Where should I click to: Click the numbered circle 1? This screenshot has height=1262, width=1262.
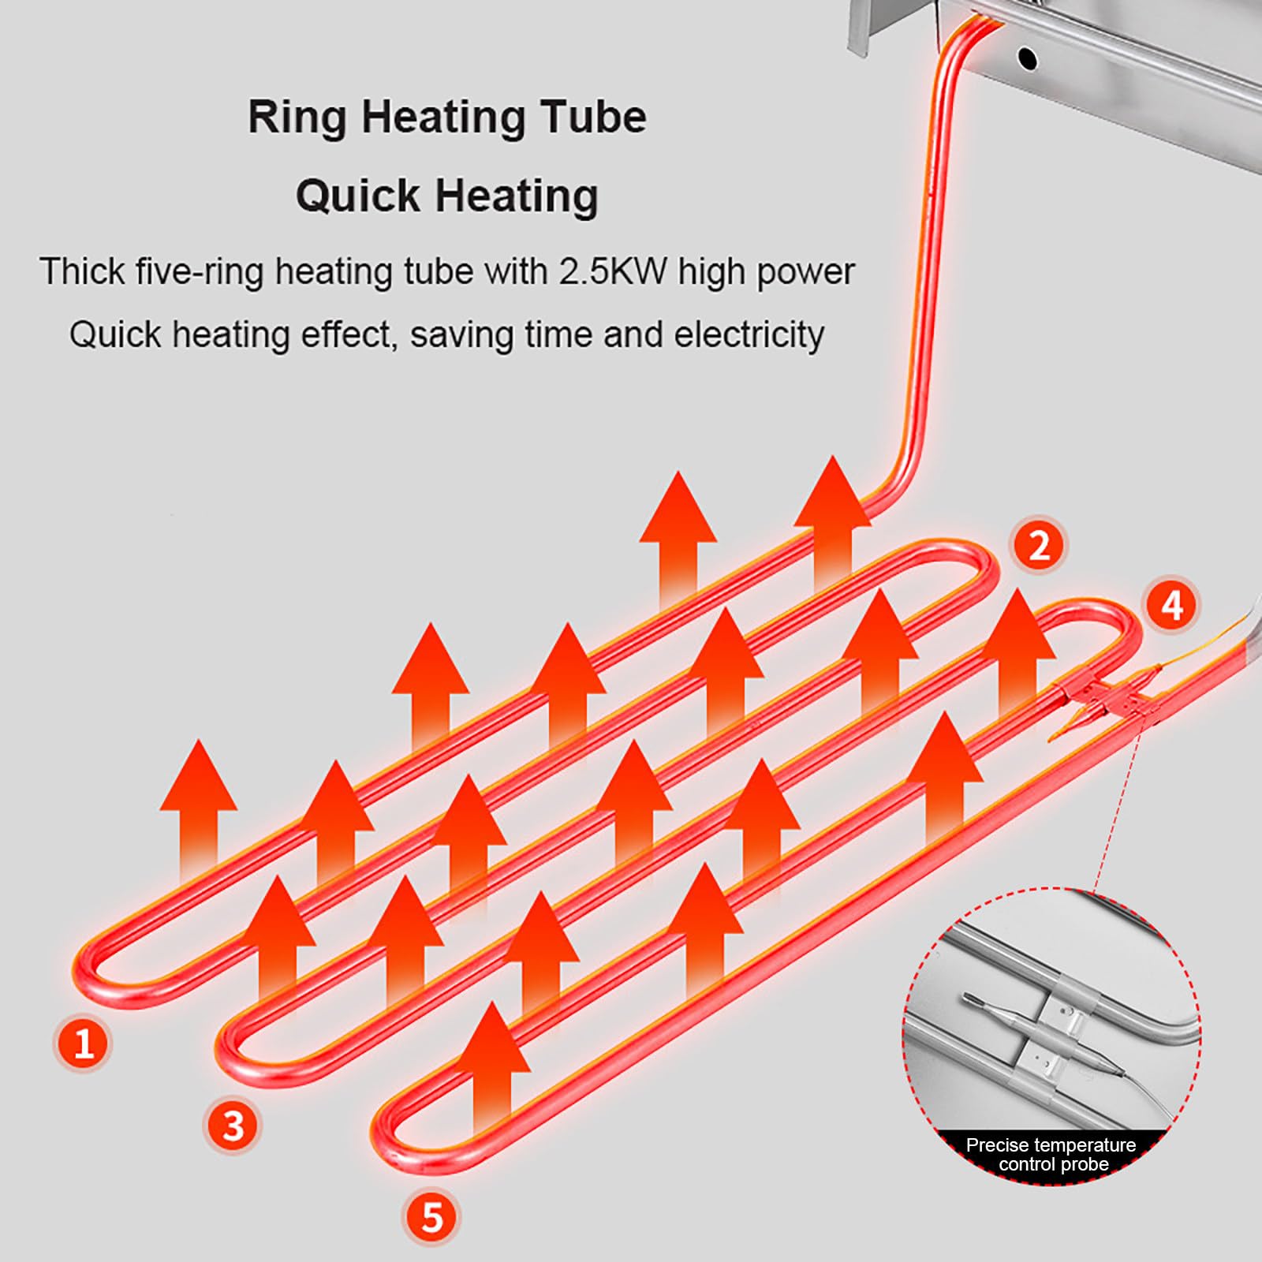click(84, 1044)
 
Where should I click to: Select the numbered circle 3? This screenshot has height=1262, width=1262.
click(233, 1126)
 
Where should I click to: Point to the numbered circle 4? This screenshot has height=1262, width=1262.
click(1172, 606)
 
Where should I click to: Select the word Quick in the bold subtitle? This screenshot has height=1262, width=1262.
click(358, 196)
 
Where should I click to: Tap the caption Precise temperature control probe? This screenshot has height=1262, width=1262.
click(1051, 1155)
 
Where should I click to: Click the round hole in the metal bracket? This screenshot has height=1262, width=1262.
click(1027, 58)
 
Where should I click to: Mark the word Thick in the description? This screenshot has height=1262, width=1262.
click(83, 271)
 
